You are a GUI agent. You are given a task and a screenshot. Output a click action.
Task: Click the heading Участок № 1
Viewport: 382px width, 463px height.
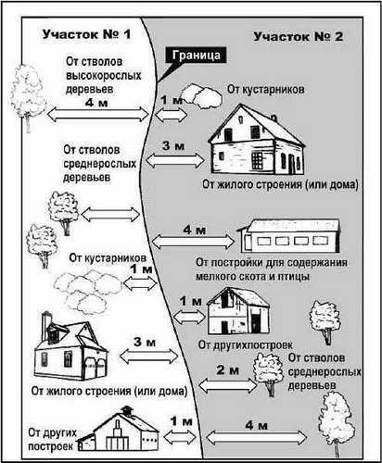86,34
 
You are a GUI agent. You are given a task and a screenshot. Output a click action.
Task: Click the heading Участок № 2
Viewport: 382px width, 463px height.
299,36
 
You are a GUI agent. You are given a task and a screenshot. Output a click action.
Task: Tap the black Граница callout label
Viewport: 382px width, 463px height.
196,56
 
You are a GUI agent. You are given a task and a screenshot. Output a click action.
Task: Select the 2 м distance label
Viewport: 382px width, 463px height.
228,369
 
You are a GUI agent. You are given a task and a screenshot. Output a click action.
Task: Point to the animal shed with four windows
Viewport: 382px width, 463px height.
289,235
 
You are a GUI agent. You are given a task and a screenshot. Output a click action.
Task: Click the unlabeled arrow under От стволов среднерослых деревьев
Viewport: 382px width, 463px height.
110,214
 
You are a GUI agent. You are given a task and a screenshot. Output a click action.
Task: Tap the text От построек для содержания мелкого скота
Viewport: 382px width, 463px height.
272,269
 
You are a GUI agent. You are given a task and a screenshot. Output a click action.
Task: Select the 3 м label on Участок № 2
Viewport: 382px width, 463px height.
173,145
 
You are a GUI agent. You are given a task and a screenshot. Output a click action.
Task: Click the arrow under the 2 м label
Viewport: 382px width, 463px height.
228,385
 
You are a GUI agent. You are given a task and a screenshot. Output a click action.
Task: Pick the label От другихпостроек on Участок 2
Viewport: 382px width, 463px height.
245,344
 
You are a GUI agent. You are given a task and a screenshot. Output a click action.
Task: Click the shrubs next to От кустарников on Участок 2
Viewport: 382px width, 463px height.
201,96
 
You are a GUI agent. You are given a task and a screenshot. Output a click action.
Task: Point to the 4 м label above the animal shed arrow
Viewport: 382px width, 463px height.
194,230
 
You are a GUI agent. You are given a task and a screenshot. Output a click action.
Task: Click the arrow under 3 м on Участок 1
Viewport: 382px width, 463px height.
148,357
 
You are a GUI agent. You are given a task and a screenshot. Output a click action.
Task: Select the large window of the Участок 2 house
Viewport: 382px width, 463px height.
257,160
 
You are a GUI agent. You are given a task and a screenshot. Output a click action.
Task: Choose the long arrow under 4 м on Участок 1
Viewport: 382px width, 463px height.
98,114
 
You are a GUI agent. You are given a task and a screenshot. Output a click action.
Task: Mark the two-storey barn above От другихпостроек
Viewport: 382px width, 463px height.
237,311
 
